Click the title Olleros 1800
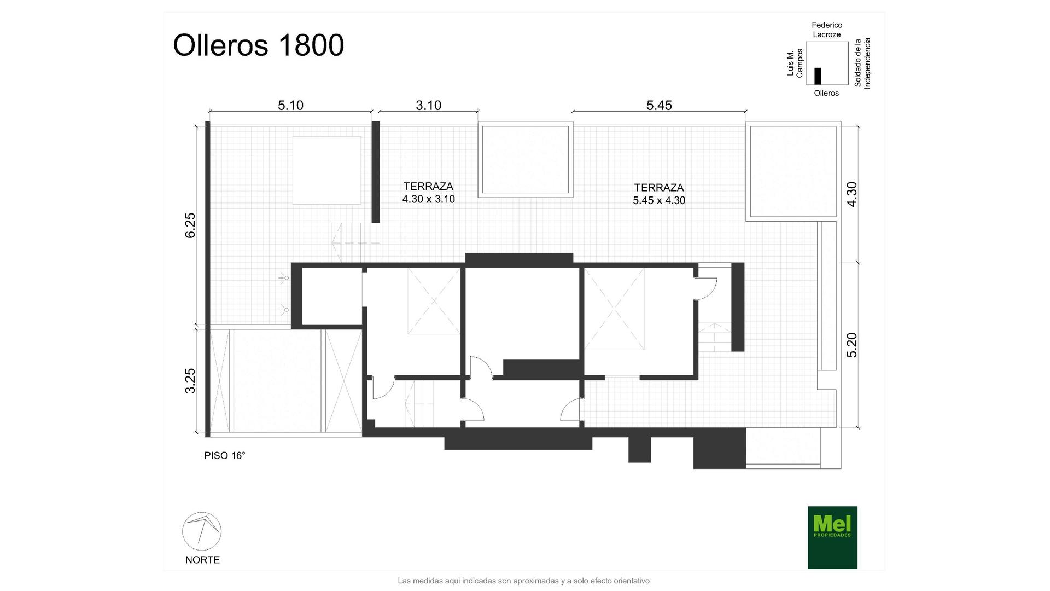click(x=258, y=45)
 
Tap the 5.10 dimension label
click(x=290, y=105)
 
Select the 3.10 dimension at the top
click(x=428, y=105)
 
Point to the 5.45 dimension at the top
click(x=659, y=105)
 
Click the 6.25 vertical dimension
click(x=190, y=225)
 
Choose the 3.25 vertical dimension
click(x=190, y=380)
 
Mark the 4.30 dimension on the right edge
click(x=851, y=194)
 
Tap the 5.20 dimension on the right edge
click(x=851, y=345)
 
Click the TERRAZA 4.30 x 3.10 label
click(x=428, y=193)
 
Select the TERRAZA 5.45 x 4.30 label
click(x=659, y=194)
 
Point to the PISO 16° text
click(x=225, y=455)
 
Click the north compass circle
click(x=202, y=531)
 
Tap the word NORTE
click(x=202, y=560)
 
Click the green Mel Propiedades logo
click(x=832, y=537)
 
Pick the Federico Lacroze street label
click(x=827, y=30)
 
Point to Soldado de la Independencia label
click(x=862, y=63)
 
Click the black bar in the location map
click(x=818, y=76)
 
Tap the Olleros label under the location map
click(x=826, y=93)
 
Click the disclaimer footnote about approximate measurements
click(x=523, y=581)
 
